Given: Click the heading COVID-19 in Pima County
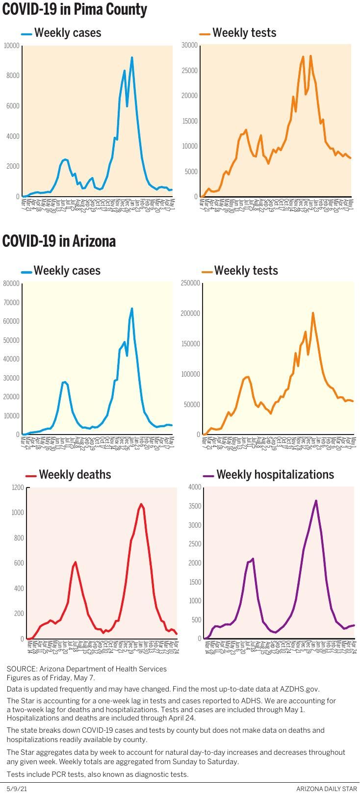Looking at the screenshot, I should coord(75,9).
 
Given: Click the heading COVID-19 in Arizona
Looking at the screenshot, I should coord(59,241).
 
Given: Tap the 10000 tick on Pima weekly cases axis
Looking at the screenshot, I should coord(12,46).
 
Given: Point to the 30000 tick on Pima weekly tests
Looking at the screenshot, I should coord(189,45).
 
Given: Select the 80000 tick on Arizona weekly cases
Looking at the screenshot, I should coord(11,283).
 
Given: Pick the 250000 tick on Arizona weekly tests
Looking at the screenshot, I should coord(190,283).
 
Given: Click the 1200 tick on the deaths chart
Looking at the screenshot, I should coord(18,487).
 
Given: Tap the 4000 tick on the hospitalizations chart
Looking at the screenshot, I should coord(195,487).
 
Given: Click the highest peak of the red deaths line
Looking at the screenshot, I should coord(141,504).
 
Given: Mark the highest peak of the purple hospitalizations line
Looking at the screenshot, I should coord(316,501).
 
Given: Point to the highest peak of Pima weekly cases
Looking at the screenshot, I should coord(132,58).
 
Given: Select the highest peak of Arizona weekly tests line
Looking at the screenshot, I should coord(313,313).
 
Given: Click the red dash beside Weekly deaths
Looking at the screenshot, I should coord(31,476).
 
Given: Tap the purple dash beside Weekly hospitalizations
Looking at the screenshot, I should coord(208,476).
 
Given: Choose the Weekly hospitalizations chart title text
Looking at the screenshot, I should coord(275,475).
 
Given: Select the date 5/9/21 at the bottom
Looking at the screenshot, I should coord(17,789).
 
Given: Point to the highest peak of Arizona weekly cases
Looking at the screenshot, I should coord(132,308).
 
